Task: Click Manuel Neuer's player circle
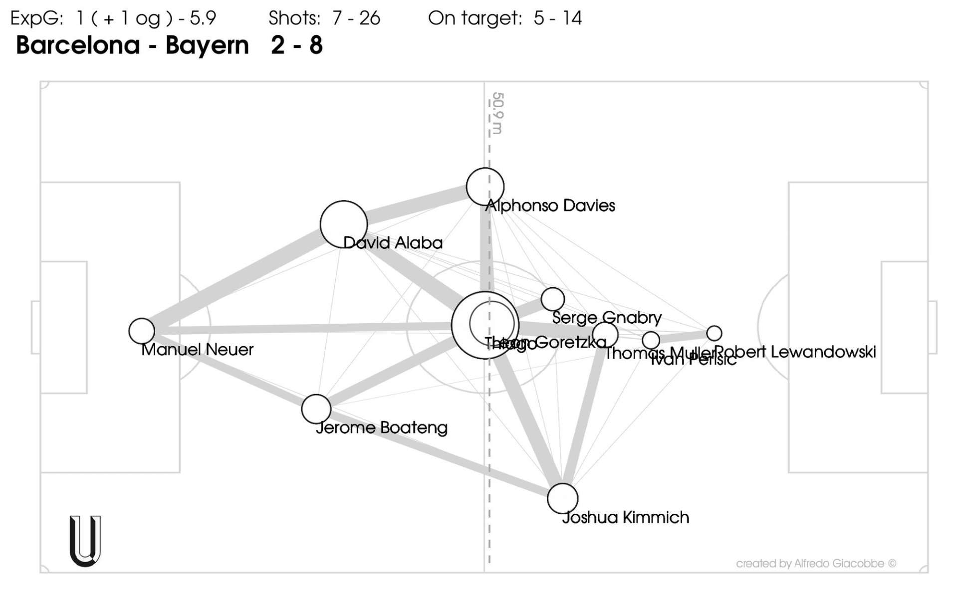coord(142,331)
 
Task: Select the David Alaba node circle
coord(343,224)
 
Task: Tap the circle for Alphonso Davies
coord(485,187)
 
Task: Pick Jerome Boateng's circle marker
coord(316,409)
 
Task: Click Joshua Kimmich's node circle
coord(562,498)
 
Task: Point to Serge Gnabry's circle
coord(552,299)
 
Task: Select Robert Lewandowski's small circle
coord(714,333)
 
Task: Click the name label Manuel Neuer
coord(198,350)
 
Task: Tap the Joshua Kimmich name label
coord(625,518)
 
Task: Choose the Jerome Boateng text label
coord(382,428)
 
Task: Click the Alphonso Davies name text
coord(550,205)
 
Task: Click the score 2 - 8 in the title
coord(297,45)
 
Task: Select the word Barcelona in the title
coord(78,45)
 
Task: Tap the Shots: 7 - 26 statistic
coord(324,18)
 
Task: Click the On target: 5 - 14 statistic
coord(505,18)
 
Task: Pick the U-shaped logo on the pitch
coord(85,541)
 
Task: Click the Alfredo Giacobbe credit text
coord(816,564)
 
